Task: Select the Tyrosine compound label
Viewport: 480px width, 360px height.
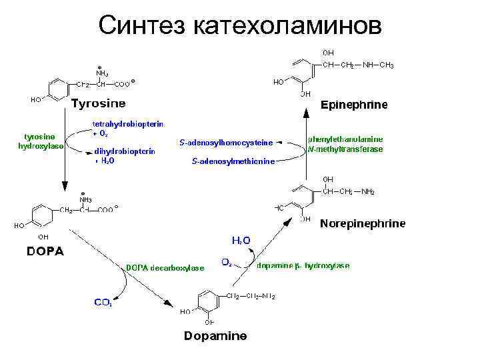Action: (99, 103)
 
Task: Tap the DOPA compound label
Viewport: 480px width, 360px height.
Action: (45, 251)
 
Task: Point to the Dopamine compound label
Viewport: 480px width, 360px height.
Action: (215, 335)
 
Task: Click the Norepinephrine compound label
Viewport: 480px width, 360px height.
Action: (362, 224)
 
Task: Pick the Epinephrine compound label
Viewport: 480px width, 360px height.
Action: (353, 105)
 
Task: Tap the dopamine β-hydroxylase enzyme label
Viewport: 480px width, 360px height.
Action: (303, 265)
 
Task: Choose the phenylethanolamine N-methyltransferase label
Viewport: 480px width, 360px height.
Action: (345, 145)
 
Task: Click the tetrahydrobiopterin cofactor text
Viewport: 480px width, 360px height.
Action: (128, 124)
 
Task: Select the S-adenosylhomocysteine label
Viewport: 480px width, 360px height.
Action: (226, 142)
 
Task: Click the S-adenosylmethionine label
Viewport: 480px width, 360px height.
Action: (233, 161)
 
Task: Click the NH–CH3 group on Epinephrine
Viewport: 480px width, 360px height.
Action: (377, 65)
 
